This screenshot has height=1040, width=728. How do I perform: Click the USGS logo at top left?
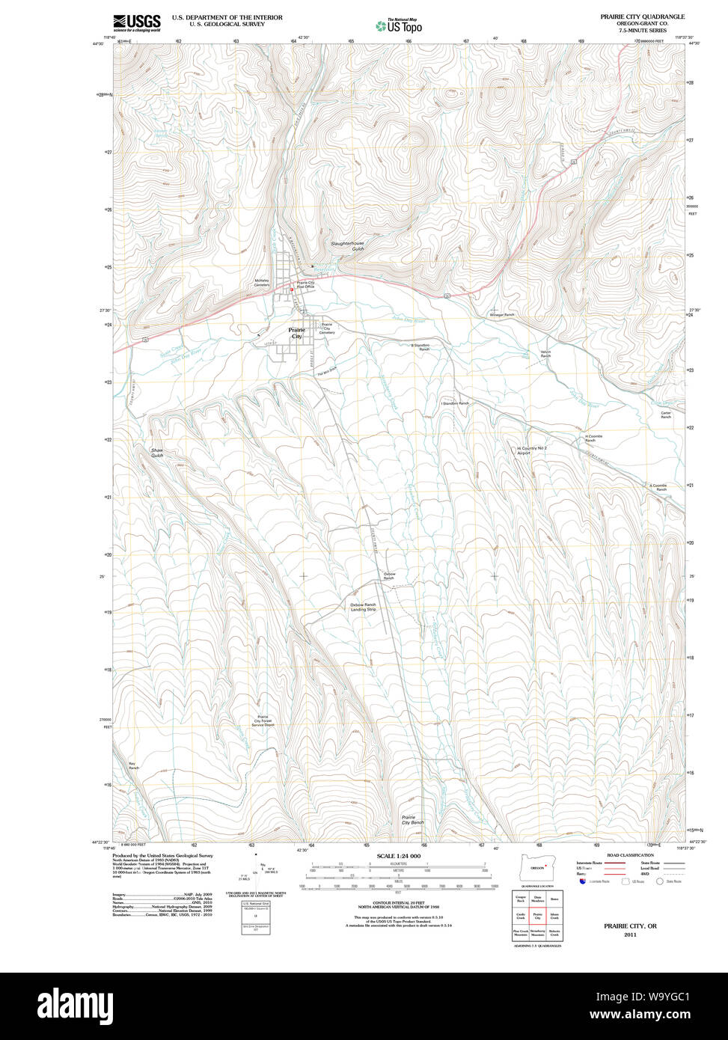coord(137,23)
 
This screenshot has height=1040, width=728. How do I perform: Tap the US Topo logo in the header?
coord(399,26)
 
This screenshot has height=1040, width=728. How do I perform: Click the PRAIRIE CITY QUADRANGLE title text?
coord(642,16)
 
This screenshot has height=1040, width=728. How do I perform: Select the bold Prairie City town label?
coord(297,333)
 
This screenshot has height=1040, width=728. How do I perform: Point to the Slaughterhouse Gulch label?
coord(347,246)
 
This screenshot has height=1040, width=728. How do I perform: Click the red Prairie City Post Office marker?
coord(292,290)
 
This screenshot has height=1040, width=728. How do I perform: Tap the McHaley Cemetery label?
coord(262,283)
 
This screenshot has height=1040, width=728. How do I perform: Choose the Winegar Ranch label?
coord(502,315)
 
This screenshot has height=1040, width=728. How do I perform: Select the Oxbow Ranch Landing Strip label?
coord(363,607)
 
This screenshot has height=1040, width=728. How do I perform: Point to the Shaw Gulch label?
coord(156,453)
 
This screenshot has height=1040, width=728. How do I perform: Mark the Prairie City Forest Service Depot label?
coord(263,721)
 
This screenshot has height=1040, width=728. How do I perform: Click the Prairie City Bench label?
coord(412,820)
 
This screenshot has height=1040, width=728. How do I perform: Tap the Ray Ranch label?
coord(133,766)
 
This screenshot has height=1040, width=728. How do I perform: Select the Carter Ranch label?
coord(665,415)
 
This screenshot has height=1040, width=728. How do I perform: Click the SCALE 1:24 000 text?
coord(398,856)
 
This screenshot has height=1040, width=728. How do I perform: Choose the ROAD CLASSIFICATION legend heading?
coord(630,855)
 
